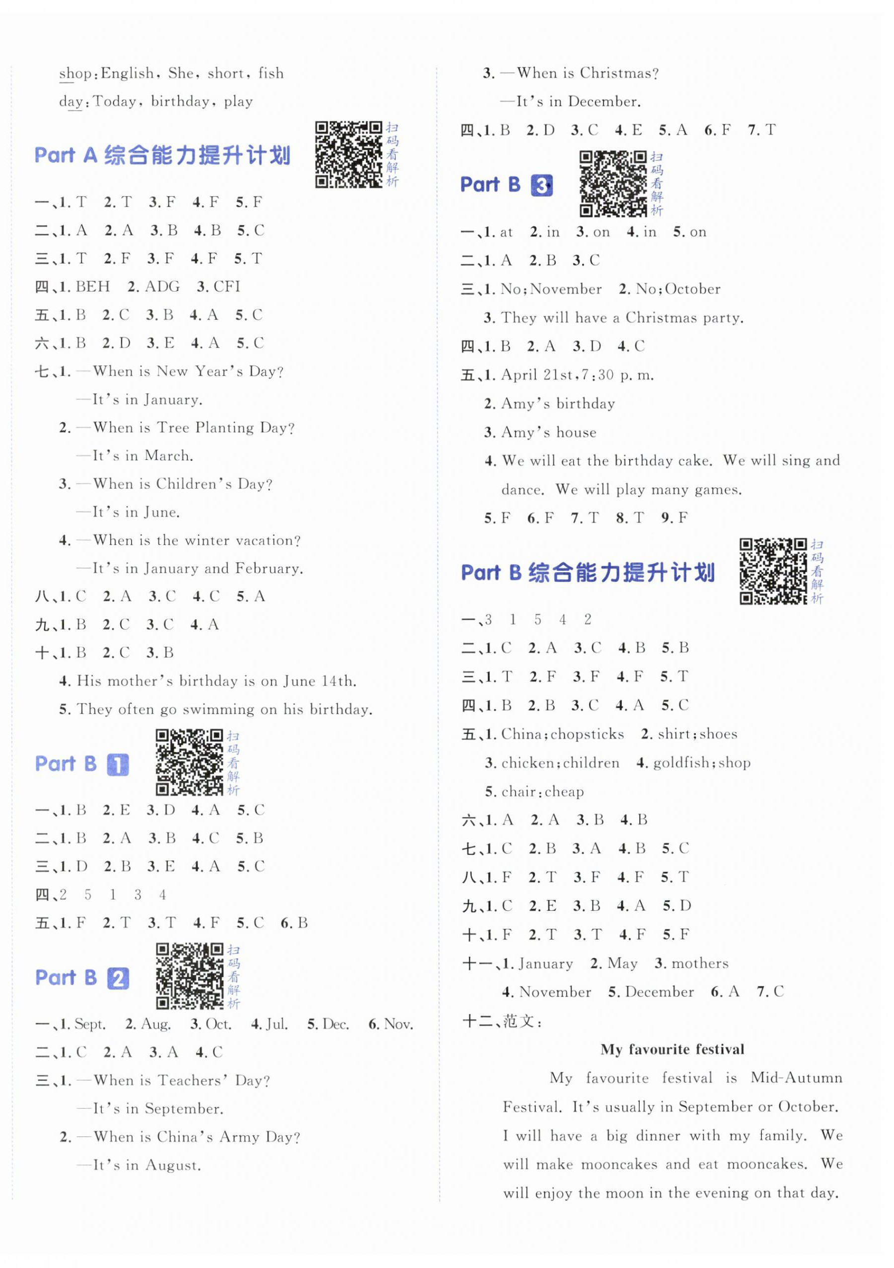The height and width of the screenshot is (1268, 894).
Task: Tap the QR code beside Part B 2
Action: click(x=189, y=976)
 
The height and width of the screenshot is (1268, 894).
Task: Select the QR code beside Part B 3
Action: click(x=612, y=183)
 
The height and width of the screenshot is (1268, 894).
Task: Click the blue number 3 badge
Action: click(x=541, y=186)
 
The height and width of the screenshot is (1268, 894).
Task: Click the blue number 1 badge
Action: click(x=117, y=765)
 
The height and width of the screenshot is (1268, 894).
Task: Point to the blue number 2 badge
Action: click(x=118, y=978)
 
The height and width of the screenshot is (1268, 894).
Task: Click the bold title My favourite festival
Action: click(x=672, y=1049)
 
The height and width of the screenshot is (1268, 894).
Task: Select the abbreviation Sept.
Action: click(x=89, y=1025)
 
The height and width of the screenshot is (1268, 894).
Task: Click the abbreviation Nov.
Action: click(x=398, y=1025)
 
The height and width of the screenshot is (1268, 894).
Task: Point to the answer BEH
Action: click(x=93, y=287)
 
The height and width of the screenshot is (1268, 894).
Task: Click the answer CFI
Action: click(x=226, y=287)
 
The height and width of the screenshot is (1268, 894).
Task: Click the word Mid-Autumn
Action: click(x=796, y=1078)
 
